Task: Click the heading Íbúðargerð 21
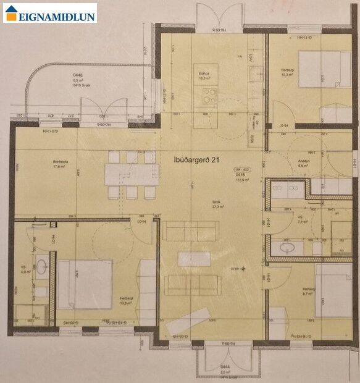click(x=198, y=160)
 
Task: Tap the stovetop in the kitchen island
click(x=210, y=96)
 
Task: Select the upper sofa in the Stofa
click(x=191, y=230)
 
